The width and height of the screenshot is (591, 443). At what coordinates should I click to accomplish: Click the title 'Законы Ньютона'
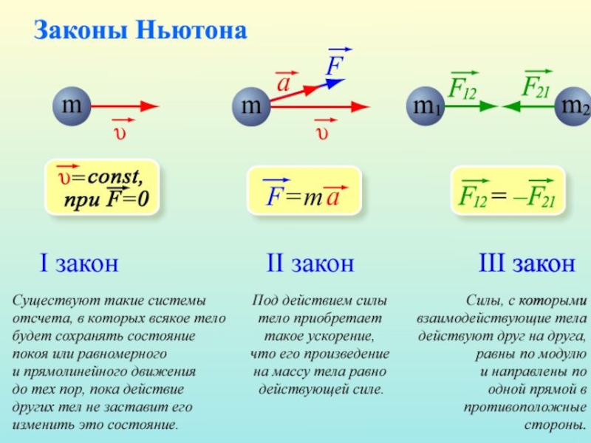[x=140, y=30]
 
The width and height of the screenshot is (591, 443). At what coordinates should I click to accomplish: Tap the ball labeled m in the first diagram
[x=71, y=106]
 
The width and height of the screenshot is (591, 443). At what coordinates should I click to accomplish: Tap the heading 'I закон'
[x=78, y=263]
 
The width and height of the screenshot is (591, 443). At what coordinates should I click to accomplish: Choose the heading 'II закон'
[x=310, y=263]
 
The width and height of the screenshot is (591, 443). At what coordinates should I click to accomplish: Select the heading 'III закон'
[x=527, y=263]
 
